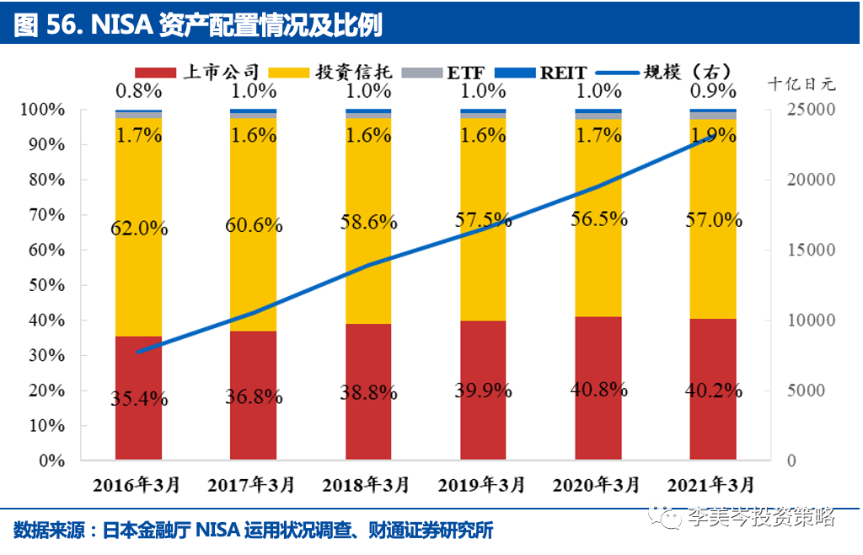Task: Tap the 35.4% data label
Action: coord(139,398)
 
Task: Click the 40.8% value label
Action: coord(598,390)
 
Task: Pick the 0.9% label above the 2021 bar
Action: coord(712,90)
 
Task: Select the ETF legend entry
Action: coord(452,73)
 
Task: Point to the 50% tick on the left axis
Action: coord(42,285)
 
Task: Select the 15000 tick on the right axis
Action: coord(807,251)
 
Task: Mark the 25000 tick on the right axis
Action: coord(807,110)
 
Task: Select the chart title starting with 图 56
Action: coord(198,25)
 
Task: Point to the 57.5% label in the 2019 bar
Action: coord(483,221)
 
